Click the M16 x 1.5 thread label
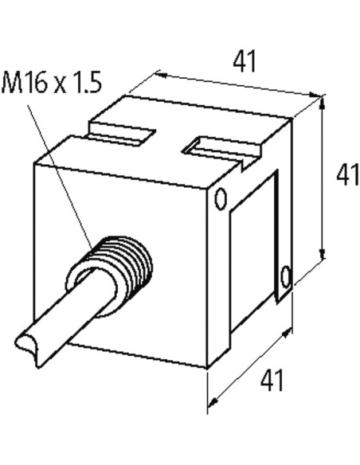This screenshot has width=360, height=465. [52, 82]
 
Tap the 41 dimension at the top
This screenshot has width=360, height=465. [244, 61]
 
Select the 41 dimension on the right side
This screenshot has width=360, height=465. [347, 175]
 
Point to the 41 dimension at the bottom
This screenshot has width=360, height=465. [272, 380]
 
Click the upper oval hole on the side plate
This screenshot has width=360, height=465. [221, 199]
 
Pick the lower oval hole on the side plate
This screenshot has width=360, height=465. [286, 276]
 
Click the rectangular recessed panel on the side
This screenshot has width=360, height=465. [253, 252]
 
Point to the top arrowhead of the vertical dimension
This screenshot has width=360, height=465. [323, 102]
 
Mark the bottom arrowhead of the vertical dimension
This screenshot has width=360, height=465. [323, 253]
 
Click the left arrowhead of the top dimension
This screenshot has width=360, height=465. [161, 75]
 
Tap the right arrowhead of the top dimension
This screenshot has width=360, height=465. [315, 95]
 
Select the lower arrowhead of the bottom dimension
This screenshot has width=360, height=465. [213, 402]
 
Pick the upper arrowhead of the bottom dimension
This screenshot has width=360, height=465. [286, 334]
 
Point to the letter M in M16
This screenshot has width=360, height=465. [12, 83]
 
